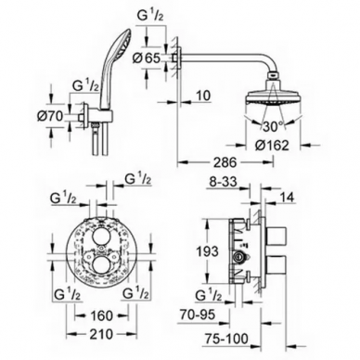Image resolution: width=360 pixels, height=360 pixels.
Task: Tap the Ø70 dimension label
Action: point(50,116)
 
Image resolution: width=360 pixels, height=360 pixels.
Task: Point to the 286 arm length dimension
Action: point(226,161)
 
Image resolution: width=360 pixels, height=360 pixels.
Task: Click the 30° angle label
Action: point(273,126)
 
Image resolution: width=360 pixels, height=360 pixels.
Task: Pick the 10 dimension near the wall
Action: point(203,96)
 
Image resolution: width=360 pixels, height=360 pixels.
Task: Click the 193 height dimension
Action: point(208,251)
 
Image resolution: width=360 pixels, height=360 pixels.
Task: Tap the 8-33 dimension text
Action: point(222,182)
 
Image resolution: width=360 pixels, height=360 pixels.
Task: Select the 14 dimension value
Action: point(287,197)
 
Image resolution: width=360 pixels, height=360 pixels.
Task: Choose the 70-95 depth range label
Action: point(198,315)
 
